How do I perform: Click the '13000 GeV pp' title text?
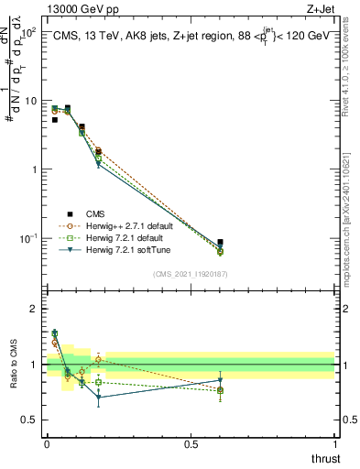pyautogui.click(x=80, y=9)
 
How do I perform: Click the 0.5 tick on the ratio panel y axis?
pyautogui.click(x=33, y=420)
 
